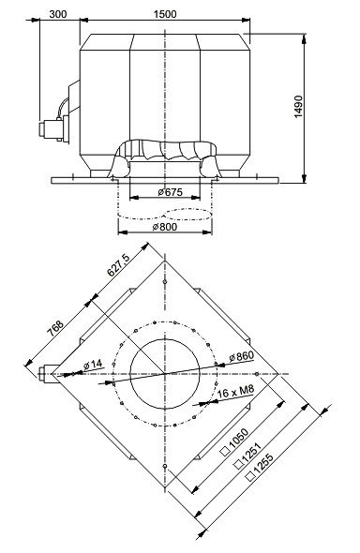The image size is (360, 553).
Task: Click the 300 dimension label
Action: pos(58,14)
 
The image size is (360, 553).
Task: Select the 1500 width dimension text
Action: pos(165,14)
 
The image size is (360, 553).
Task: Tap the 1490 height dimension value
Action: pos(298,107)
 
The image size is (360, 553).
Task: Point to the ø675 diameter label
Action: pos(171,192)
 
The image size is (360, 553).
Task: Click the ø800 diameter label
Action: pos(165,227)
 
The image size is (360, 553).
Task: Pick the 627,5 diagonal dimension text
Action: pos(118,265)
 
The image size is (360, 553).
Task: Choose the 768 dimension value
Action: pos(55,328)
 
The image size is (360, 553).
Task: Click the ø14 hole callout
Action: pos(93,365)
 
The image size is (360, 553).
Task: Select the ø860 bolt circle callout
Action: pos(241,356)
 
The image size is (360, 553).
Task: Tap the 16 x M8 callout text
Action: pos(235,392)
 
